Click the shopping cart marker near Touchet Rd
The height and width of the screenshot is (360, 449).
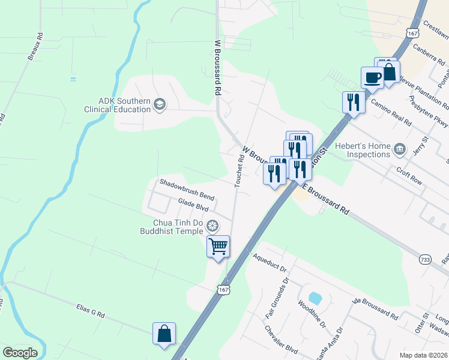[218, 245]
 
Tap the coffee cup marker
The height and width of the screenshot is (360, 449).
[372, 77]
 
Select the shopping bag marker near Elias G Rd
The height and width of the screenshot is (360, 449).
[164, 334]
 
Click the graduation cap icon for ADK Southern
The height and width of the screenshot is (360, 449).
[159, 105]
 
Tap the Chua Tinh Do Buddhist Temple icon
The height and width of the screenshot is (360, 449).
[212, 226]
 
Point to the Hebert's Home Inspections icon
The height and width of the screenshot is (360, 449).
[399, 148]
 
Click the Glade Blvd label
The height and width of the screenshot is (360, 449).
[193, 205]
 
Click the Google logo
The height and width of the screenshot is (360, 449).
[20, 353]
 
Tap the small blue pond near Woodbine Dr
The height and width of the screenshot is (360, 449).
[315, 298]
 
